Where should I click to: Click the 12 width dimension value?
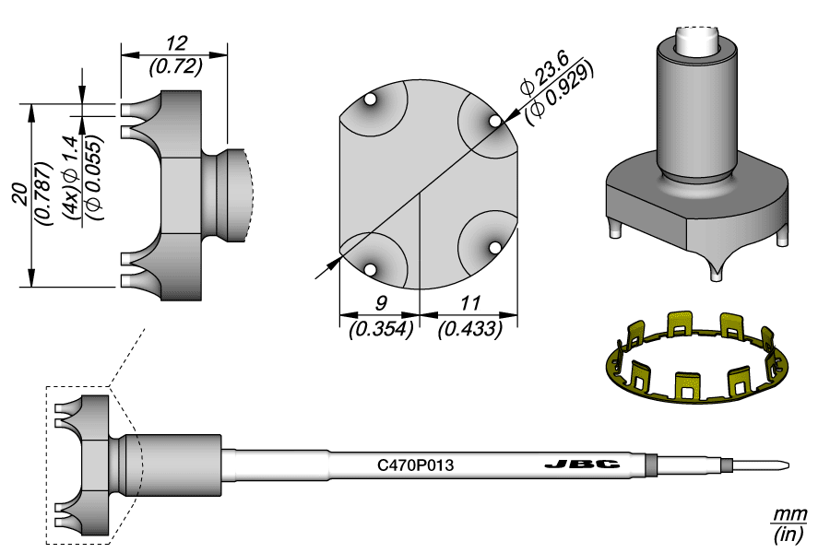(175, 43)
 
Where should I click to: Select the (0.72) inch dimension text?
(175, 67)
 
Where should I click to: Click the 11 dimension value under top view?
(469, 303)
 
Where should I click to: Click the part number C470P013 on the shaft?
(416, 465)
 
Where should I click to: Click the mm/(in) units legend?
(789, 523)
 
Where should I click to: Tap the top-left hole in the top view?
(370, 100)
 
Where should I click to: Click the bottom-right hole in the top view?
(494, 247)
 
